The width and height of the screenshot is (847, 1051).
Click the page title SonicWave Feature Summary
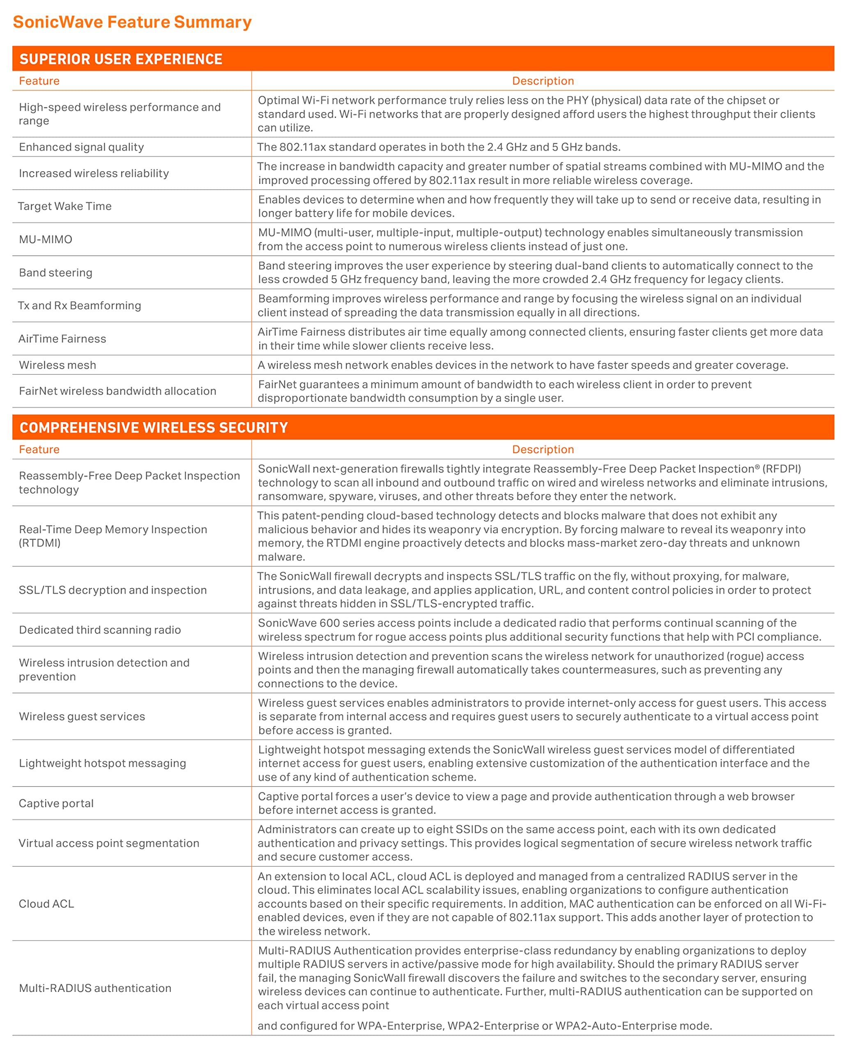point(132,22)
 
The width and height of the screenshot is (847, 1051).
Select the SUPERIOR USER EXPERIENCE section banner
point(121,59)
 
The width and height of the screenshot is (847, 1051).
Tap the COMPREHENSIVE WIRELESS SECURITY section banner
point(154,428)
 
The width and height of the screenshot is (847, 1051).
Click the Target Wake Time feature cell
point(65,206)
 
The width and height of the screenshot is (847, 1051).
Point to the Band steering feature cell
point(55,273)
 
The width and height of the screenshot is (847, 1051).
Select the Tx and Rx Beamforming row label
point(80,306)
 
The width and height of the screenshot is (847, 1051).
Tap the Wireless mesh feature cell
point(58,365)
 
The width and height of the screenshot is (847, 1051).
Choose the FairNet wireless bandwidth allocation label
point(117,391)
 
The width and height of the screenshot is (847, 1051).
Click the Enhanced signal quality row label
point(81,147)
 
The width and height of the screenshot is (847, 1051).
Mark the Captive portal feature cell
point(56,803)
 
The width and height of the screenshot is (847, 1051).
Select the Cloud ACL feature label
point(46,904)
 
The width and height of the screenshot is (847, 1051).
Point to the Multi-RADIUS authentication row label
point(95,988)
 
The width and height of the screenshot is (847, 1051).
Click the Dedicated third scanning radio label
point(100,630)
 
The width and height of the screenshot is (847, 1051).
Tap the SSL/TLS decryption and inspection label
point(113,590)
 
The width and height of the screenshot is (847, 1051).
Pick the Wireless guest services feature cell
point(82,716)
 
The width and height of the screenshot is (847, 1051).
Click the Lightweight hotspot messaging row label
point(102,763)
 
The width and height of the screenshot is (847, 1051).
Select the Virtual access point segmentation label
point(109,843)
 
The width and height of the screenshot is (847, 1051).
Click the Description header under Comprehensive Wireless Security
point(543,450)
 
